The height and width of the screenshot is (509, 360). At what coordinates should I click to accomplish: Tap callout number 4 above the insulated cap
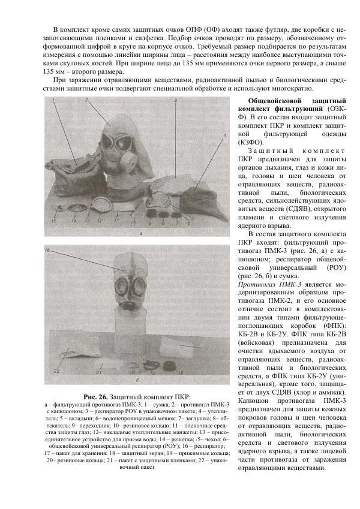pyautogui.click(x=224, y=136)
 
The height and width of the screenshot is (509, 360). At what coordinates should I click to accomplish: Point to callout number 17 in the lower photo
pyautogui.click(x=205, y=348)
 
